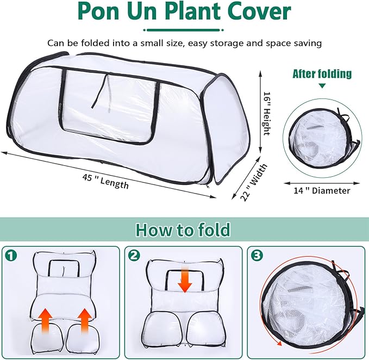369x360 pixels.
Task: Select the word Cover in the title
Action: click(259, 12)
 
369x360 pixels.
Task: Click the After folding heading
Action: click(322, 73)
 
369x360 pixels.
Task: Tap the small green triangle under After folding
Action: click(322, 86)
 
